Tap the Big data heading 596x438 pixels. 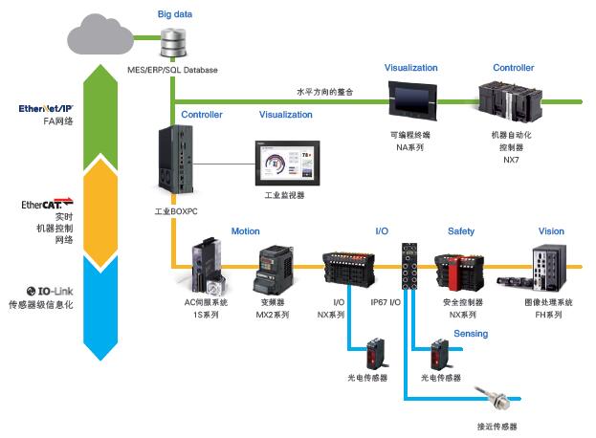(173, 14)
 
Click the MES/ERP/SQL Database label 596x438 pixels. (172, 70)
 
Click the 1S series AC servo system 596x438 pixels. (209, 265)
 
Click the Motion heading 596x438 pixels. (246, 231)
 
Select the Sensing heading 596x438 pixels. (471, 334)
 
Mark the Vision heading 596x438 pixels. (551, 231)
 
